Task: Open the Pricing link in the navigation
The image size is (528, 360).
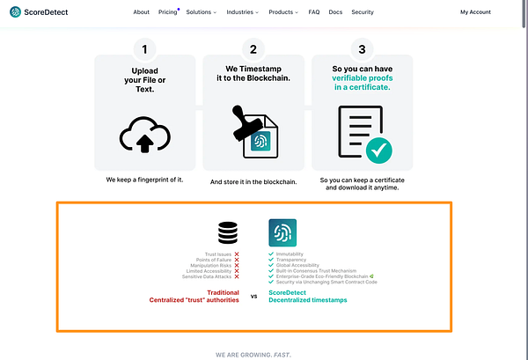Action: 167,12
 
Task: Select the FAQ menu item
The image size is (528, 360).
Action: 314,12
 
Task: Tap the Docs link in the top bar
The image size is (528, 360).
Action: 334,12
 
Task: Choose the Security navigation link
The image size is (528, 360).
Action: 362,12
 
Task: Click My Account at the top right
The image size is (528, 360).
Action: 476,12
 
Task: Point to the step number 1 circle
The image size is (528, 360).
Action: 144,49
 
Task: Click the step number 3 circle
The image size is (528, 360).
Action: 362,49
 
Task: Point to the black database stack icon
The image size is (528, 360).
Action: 229,232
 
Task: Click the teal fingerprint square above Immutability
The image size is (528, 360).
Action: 282,232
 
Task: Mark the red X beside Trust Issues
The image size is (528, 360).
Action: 237,254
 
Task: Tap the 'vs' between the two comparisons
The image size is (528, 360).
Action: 254,297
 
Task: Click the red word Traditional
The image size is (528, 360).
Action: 223,291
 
